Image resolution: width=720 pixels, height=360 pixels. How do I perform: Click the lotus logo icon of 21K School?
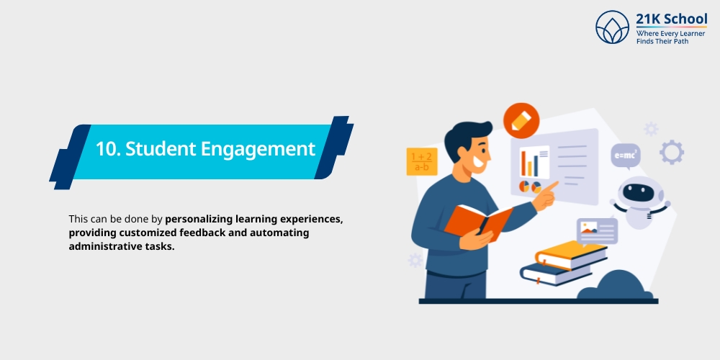[612, 27]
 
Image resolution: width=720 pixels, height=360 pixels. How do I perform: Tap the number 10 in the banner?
[107, 149]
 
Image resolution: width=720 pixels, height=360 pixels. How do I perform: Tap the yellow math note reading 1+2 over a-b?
[421, 161]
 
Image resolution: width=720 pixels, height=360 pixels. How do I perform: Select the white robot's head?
[639, 192]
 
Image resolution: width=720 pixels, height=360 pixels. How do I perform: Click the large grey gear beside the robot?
[671, 152]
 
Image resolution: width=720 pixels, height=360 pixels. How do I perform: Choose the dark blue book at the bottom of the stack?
[555, 274]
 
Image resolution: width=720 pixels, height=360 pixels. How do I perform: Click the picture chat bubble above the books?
[597, 231]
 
